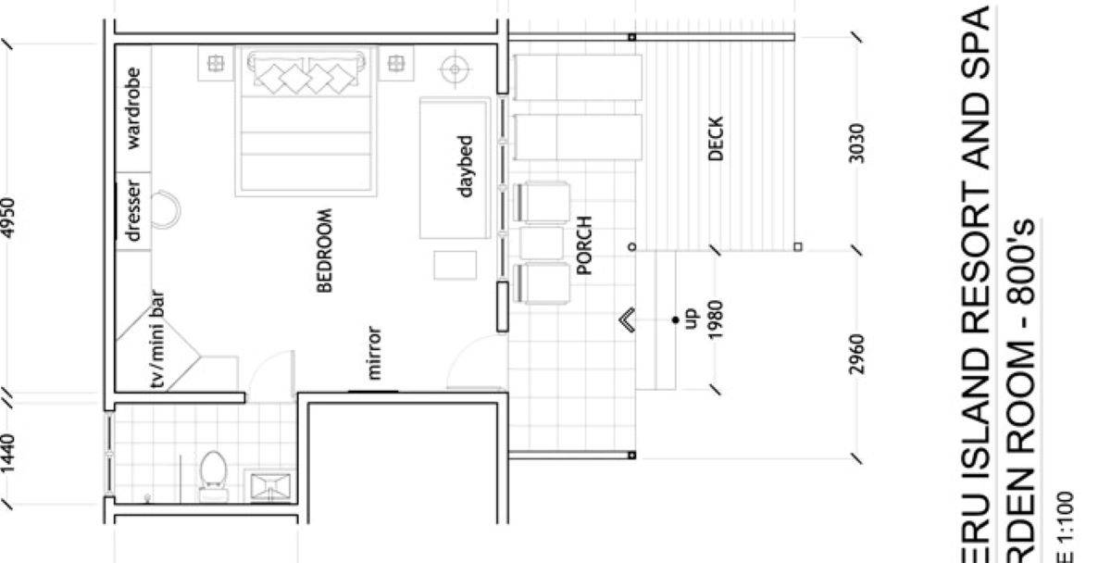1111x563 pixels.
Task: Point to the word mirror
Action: tap(374, 353)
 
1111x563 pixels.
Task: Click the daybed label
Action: tap(466, 167)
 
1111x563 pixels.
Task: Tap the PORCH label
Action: tap(583, 246)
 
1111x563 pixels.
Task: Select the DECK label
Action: tap(715, 139)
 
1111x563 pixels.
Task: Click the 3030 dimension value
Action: tap(857, 144)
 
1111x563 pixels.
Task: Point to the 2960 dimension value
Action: tap(857, 355)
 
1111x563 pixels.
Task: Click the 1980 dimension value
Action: tap(716, 319)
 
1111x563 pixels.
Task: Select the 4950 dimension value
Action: tap(10, 218)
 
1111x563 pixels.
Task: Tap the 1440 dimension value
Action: tap(10, 454)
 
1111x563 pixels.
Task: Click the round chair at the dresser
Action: tap(167, 208)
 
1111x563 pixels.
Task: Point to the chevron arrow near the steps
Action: tap(627, 320)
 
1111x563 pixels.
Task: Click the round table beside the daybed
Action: tap(454, 68)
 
